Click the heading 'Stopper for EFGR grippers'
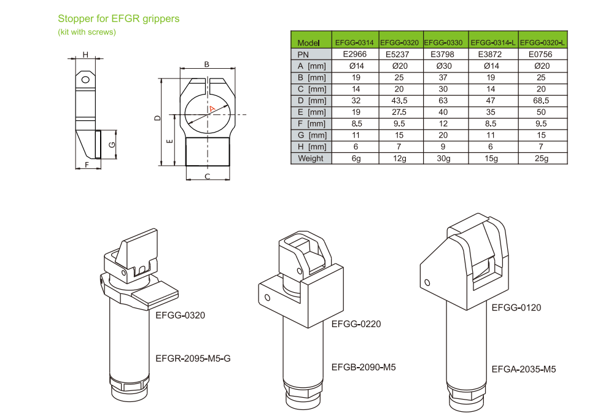(119, 18)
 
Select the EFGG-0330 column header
(446, 43)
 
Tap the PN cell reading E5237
(402, 55)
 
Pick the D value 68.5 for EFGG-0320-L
(541, 101)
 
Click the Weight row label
(310, 158)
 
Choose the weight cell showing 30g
(446, 158)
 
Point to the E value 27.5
(402, 112)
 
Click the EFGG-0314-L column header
(493, 43)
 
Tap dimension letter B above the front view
(207, 64)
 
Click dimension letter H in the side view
(85, 55)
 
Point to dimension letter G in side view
(111, 144)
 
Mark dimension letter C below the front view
(208, 177)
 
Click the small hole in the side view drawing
(85, 79)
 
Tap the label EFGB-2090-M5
(363, 367)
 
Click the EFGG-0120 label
(516, 308)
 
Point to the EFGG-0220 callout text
(356, 324)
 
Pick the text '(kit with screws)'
(87, 32)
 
